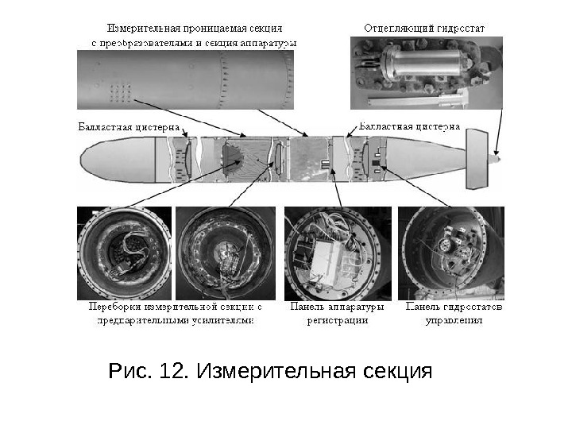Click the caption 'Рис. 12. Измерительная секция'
[269, 372]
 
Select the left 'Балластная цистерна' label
[129, 126]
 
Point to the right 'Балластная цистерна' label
[410, 126]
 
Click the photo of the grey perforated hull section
[184, 79]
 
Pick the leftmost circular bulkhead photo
[124, 253]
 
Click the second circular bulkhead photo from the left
[225, 253]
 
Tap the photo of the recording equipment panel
[337, 253]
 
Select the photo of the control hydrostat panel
[450, 253]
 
